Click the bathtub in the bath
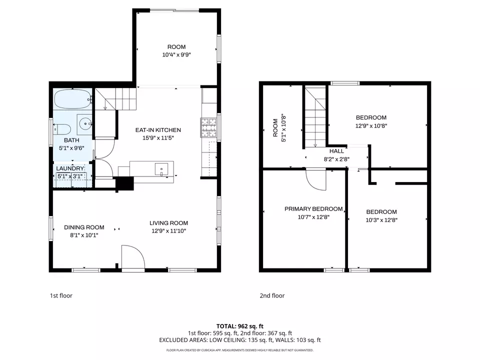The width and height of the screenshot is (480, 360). [x=73, y=99]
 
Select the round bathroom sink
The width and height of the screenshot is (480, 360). [x=84, y=123]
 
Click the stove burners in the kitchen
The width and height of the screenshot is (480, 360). [x=208, y=127]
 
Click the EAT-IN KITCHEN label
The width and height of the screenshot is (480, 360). [x=158, y=130]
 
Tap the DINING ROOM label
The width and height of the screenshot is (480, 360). [x=84, y=227]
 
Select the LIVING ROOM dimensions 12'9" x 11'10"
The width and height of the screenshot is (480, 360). [x=168, y=231]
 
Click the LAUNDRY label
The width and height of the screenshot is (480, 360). [x=70, y=168]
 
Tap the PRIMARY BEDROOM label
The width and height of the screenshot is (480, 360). [x=313, y=209]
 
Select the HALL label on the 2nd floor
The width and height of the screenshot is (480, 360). [x=336, y=151]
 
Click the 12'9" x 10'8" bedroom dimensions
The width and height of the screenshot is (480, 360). [x=371, y=126]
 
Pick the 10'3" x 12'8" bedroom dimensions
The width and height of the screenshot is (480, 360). [x=381, y=220]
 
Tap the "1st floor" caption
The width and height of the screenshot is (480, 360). [x=61, y=295]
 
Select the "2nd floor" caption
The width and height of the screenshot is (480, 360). [x=272, y=295]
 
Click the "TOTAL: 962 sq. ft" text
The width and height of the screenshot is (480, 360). [x=240, y=326]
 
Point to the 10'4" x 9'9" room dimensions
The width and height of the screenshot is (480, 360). [x=176, y=55]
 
